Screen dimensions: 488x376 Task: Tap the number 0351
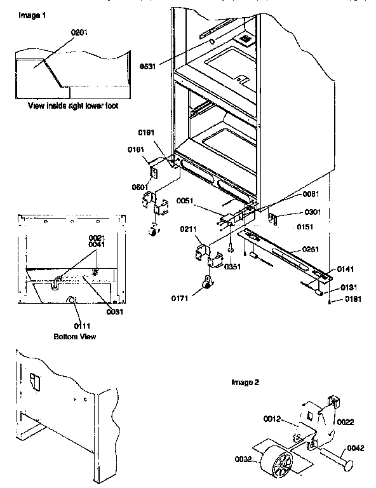coord(233,267)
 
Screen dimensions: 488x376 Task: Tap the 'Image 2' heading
coord(245,383)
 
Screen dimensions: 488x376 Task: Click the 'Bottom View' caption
coord(75,335)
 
